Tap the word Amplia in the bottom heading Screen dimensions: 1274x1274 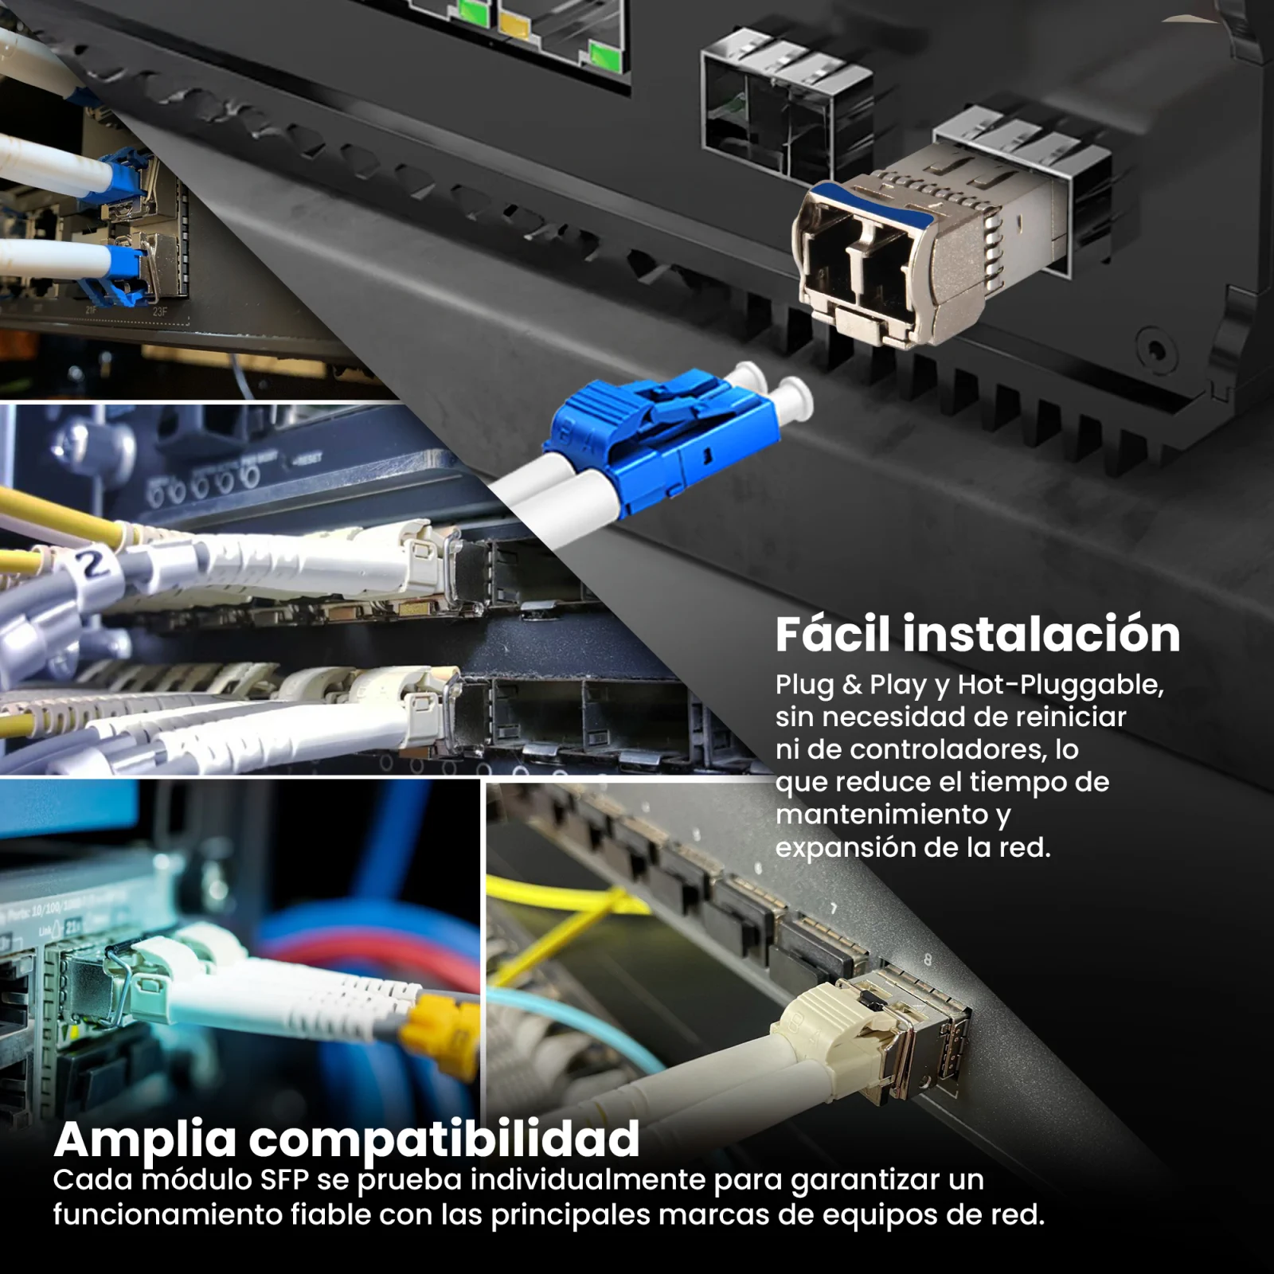(x=145, y=1140)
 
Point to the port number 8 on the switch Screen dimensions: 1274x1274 (x=927, y=960)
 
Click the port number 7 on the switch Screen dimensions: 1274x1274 (x=834, y=909)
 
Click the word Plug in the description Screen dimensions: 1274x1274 (x=804, y=686)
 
